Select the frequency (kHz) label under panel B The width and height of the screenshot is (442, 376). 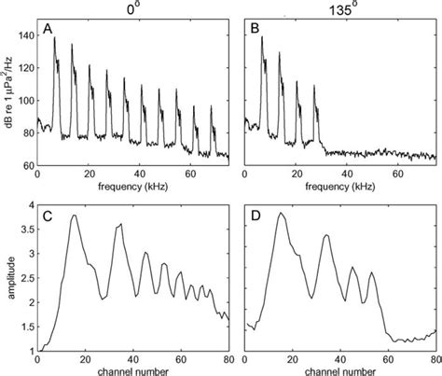339,184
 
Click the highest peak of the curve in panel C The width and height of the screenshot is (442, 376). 74,216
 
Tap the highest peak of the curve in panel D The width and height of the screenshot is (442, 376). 281,213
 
